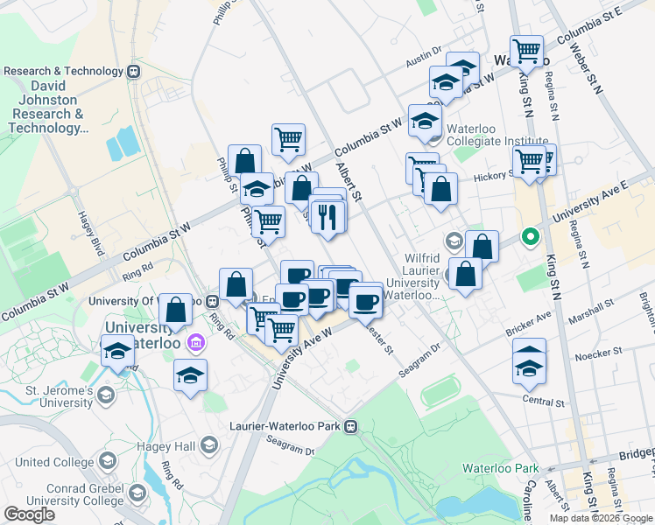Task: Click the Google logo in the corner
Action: point(29,514)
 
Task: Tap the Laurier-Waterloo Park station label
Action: point(290,426)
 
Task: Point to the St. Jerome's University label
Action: point(49,395)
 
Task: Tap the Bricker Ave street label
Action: point(528,325)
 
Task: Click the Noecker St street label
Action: point(598,353)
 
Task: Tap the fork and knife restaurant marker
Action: point(327,216)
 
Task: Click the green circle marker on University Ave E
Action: point(529,236)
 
